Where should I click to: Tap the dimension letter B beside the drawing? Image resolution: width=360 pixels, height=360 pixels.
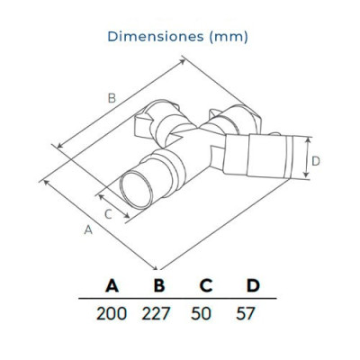click(112, 98)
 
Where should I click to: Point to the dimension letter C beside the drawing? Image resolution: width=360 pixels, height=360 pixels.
click(108, 213)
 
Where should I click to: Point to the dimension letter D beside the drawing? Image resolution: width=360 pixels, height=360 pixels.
click(315, 163)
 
